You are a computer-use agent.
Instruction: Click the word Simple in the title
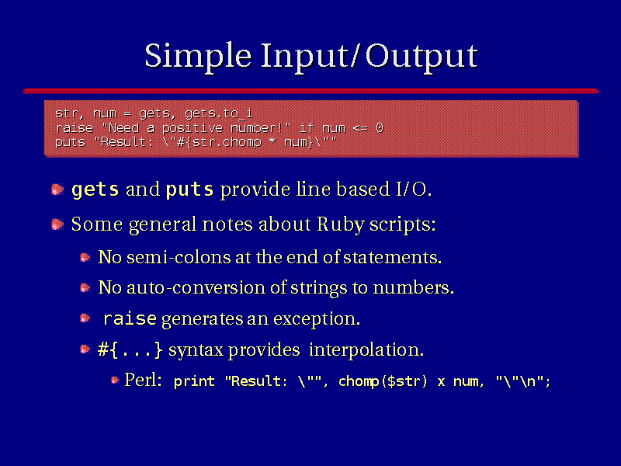click(198, 57)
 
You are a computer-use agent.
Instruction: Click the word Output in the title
click(422, 57)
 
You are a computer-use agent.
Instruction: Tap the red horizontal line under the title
click(311, 91)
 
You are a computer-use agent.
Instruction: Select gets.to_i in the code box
click(219, 113)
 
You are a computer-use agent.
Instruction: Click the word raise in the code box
click(75, 128)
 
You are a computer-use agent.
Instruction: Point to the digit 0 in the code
click(380, 128)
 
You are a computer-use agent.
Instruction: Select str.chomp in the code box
click(227, 142)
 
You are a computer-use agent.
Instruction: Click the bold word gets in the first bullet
click(95, 190)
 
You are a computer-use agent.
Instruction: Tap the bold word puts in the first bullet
click(189, 190)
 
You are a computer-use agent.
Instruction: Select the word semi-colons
click(179, 257)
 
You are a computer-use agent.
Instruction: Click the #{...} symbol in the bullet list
click(130, 349)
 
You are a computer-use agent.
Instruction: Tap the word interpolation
click(366, 350)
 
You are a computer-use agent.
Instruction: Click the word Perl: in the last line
click(143, 380)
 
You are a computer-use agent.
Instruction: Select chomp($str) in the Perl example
click(383, 381)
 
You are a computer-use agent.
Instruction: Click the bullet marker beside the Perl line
click(115, 380)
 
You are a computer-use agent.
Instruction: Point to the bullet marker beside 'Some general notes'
click(57, 224)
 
